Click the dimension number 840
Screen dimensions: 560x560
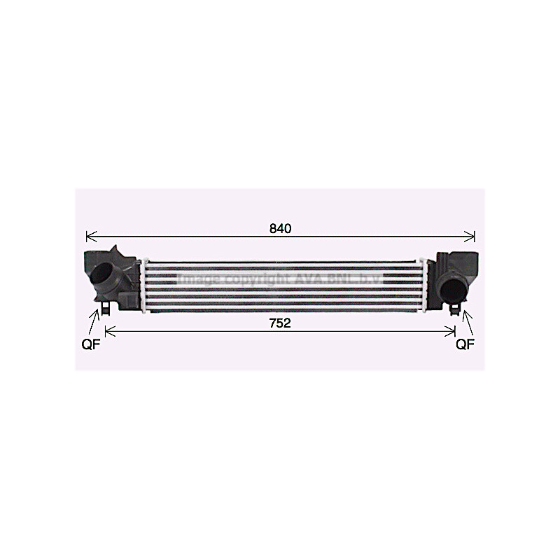280,228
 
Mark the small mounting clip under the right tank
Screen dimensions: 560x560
456,307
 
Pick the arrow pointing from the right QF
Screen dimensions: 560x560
465,322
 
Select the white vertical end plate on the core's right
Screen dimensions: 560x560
421,286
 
